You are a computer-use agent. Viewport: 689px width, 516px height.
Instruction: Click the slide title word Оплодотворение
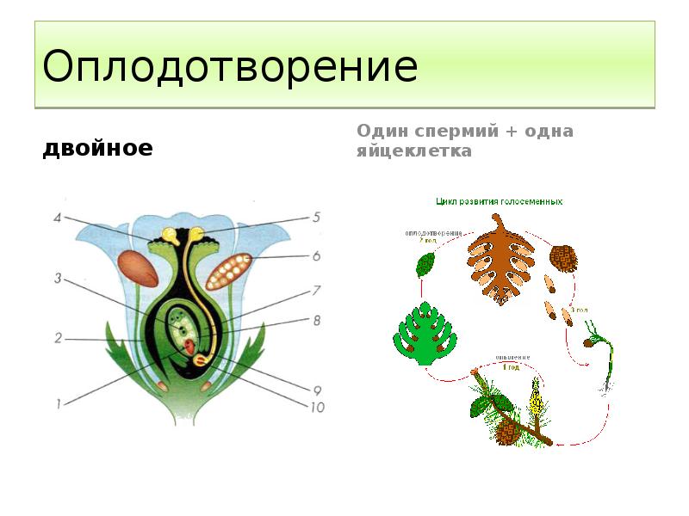point(230,66)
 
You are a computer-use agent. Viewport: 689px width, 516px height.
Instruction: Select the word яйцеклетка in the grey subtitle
point(414,151)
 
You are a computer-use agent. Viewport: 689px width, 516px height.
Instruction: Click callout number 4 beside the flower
point(57,218)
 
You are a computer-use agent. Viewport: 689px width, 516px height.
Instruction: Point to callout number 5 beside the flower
point(315,217)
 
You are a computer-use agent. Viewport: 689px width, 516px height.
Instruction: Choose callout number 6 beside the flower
point(316,255)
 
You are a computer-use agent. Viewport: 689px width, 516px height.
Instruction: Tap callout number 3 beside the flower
point(57,278)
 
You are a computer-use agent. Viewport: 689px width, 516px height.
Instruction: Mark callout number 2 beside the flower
point(58,338)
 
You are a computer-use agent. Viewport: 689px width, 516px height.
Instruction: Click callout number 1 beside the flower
point(58,402)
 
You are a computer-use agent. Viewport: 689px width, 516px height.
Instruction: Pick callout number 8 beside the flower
point(316,321)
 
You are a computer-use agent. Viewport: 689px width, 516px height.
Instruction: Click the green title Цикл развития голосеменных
point(499,201)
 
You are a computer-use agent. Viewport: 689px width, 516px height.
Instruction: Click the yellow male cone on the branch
point(537,401)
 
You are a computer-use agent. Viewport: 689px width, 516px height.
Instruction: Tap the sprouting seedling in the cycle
point(603,353)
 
